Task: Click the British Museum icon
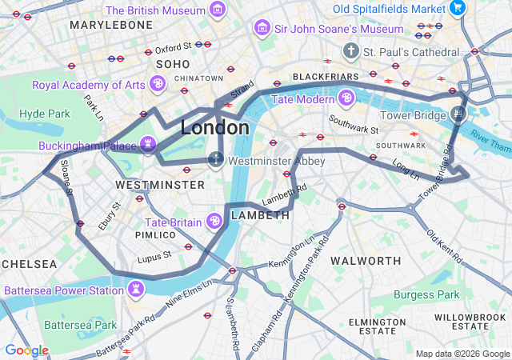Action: click(217, 10)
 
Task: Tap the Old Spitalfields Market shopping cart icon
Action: click(458, 8)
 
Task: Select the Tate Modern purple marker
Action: click(346, 98)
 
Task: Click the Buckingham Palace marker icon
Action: click(147, 145)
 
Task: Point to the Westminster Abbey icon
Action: click(216, 160)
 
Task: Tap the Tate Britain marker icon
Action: click(214, 221)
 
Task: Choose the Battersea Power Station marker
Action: click(137, 286)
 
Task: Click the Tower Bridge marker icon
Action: click(458, 114)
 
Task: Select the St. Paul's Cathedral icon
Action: click(350, 50)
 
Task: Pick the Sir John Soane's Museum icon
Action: click(261, 28)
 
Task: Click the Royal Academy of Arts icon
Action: click(158, 83)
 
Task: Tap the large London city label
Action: click(214, 128)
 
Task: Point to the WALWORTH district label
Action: click(366, 261)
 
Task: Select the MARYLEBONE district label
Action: click(110, 25)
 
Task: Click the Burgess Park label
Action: click(426, 294)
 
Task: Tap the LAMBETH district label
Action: click(259, 216)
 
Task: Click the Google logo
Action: click(26, 350)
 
